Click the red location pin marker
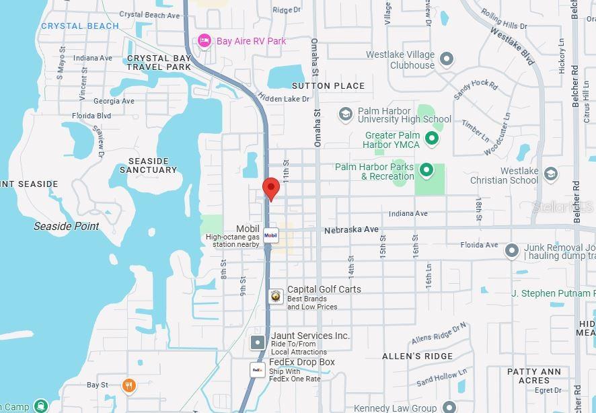[x=270, y=188]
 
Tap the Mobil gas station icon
[x=270, y=235]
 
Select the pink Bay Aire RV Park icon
[x=204, y=41]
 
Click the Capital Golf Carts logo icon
[x=276, y=296]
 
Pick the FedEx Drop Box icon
[x=258, y=369]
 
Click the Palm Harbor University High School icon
[x=346, y=114]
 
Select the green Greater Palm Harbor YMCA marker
[x=433, y=139]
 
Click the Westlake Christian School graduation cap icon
[x=551, y=174]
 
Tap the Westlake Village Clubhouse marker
[x=447, y=59]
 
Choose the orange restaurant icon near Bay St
[x=129, y=385]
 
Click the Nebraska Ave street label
[x=351, y=230]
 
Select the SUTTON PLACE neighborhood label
[x=328, y=86]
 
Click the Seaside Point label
[x=67, y=227]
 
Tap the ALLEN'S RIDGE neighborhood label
[x=417, y=356]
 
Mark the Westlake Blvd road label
[x=512, y=46]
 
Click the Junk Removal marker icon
[x=512, y=251]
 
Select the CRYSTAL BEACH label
[x=80, y=26]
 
